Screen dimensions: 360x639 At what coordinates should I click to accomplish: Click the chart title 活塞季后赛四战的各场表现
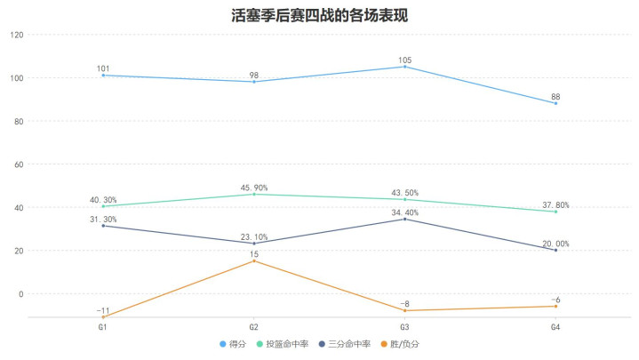tap(319, 14)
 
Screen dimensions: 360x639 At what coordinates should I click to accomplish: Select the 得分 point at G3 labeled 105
tap(404, 67)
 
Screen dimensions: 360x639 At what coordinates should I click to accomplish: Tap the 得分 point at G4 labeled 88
tap(555, 103)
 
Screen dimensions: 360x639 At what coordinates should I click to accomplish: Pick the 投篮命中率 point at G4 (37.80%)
tap(555, 212)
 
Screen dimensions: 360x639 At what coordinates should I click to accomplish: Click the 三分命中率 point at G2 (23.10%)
tap(254, 244)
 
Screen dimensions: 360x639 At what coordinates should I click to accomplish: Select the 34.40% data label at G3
tap(404, 211)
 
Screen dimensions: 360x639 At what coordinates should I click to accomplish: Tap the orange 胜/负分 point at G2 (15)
tap(254, 260)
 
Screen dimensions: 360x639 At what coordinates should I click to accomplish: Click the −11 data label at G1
tap(103, 309)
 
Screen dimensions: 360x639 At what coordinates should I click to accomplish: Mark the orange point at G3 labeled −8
tap(404, 310)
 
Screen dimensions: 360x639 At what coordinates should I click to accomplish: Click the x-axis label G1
tap(103, 327)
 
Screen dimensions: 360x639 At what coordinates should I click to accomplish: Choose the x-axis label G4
tap(555, 327)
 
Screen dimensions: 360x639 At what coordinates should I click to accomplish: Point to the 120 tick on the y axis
tap(17, 35)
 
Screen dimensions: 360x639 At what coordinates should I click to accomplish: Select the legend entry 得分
tap(232, 343)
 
